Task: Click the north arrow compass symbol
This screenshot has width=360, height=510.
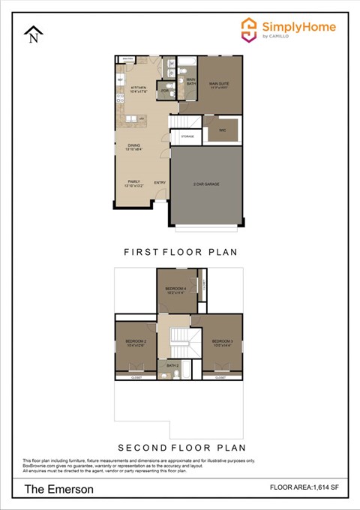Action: [x=33, y=34]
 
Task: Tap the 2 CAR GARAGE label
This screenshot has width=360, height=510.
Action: [x=206, y=184]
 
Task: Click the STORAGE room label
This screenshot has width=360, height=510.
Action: [x=187, y=136]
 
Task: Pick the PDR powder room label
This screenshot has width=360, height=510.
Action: [x=165, y=91]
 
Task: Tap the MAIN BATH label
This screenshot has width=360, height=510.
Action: [x=190, y=81]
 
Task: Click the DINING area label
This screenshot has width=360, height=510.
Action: [x=133, y=145]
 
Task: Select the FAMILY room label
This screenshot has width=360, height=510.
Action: [x=133, y=181]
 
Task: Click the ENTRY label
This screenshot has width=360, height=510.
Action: [x=160, y=182]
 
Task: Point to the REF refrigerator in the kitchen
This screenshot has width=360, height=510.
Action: [x=120, y=79]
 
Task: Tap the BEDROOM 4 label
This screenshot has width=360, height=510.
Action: [x=175, y=289]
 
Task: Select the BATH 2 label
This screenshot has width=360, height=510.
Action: [x=172, y=366]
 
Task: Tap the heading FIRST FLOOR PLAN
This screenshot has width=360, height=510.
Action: [x=179, y=253]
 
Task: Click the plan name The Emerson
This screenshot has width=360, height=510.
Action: [x=59, y=489]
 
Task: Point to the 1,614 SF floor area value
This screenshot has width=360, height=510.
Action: [x=322, y=487]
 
